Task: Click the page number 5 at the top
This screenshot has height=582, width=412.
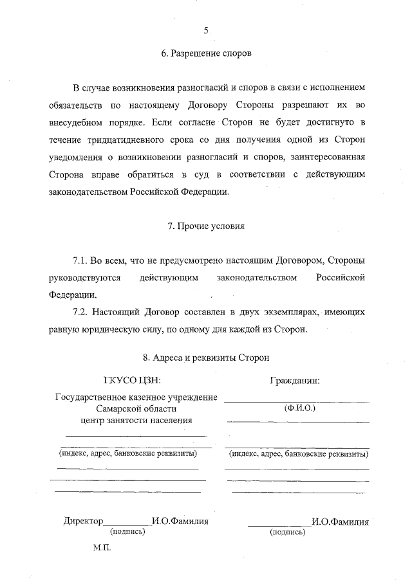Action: click(x=206, y=30)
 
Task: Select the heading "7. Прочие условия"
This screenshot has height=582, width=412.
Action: click(x=206, y=226)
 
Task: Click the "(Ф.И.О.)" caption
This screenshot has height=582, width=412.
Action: click(x=297, y=408)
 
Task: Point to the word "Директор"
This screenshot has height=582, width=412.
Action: click(x=83, y=522)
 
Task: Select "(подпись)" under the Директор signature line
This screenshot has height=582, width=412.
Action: click(x=127, y=532)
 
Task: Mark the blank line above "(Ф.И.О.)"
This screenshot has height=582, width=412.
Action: click(x=297, y=401)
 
